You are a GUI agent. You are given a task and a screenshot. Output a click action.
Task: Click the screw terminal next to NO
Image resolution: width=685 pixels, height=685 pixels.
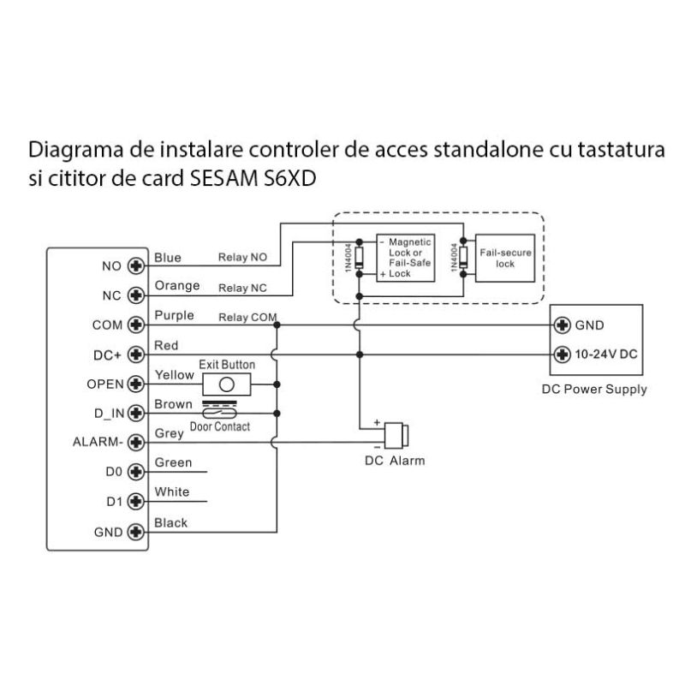pos(134,266)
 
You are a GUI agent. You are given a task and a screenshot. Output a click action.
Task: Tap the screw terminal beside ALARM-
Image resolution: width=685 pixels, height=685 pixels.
pos(134,443)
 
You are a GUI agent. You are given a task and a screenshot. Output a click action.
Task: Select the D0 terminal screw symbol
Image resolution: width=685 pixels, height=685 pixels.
pos(134,472)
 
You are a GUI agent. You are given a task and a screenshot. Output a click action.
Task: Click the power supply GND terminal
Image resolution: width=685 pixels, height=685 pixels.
pos(563,325)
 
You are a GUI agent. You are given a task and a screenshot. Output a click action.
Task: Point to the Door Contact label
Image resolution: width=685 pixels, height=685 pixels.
pos(220,426)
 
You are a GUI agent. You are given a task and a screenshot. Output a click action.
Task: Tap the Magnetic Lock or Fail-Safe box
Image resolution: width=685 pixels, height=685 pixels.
pos(405,256)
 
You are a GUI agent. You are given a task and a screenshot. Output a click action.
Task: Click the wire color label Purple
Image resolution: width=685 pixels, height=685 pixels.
pos(174,316)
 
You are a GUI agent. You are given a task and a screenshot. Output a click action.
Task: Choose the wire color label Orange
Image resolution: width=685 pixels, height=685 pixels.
pos(176,286)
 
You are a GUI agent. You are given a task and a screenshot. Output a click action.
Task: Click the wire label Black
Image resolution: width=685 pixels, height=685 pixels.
pos(170,522)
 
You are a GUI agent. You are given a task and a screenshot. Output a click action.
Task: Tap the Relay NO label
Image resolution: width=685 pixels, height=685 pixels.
pos(243,257)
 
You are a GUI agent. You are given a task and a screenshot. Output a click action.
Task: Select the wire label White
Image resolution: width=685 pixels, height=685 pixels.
pos(171,492)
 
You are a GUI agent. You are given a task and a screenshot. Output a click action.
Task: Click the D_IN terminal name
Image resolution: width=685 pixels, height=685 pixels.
pos(108,414)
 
